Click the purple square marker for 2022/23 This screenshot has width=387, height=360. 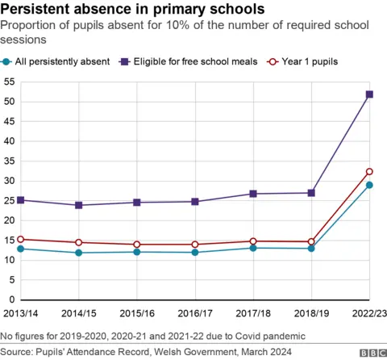(369, 94)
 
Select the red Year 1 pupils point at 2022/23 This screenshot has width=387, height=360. (369, 171)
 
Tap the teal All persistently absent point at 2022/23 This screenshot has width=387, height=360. (369, 185)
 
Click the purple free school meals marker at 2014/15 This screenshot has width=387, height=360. (78, 205)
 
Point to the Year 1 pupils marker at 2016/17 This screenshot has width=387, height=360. (196, 244)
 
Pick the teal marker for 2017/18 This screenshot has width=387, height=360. (254, 248)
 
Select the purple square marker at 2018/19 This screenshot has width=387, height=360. (311, 193)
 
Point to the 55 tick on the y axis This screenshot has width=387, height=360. (10, 82)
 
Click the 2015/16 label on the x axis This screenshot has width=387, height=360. (137, 312)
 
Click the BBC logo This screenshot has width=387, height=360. (372, 353)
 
